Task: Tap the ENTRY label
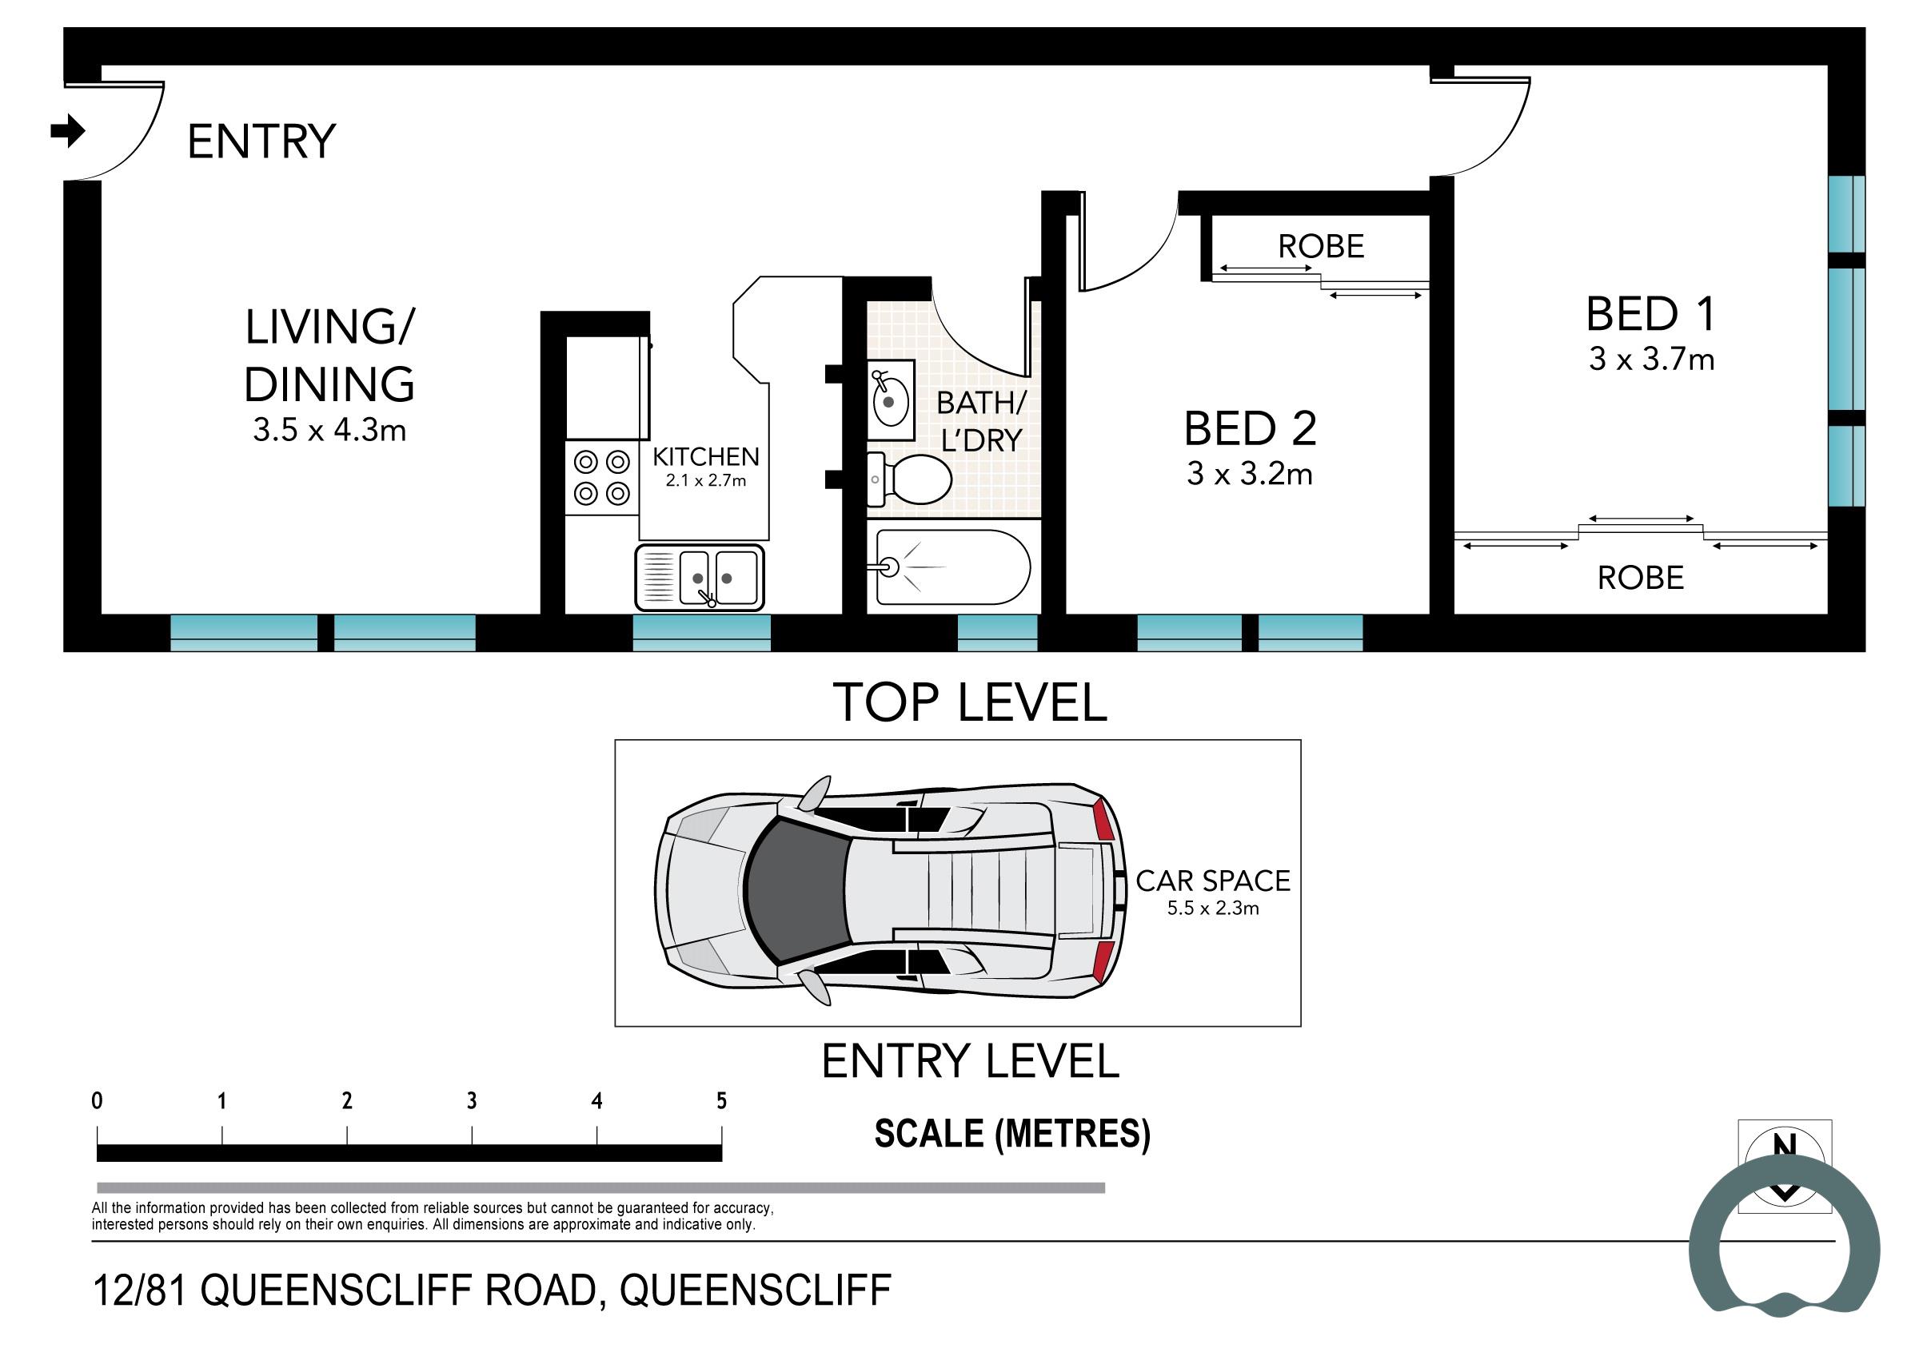(261, 141)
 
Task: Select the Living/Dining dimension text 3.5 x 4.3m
(329, 430)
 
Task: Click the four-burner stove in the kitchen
(602, 478)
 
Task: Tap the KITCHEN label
(705, 457)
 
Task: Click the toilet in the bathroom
(912, 479)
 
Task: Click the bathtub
(953, 567)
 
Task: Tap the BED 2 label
(1250, 428)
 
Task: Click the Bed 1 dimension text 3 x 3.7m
(1652, 360)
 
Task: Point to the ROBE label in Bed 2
(1321, 246)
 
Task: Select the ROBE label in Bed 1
(1640, 579)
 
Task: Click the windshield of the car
(794, 889)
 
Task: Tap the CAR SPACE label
(1213, 881)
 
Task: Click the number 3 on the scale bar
(473, 1101)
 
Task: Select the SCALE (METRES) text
(1012, 1134)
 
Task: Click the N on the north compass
(1785, 1147)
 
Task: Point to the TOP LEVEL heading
(970, 702)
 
